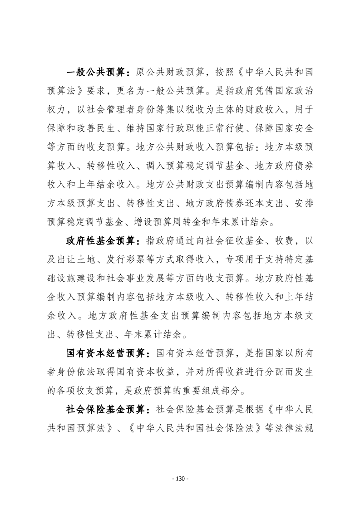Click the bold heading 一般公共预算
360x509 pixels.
coord(97,73)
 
